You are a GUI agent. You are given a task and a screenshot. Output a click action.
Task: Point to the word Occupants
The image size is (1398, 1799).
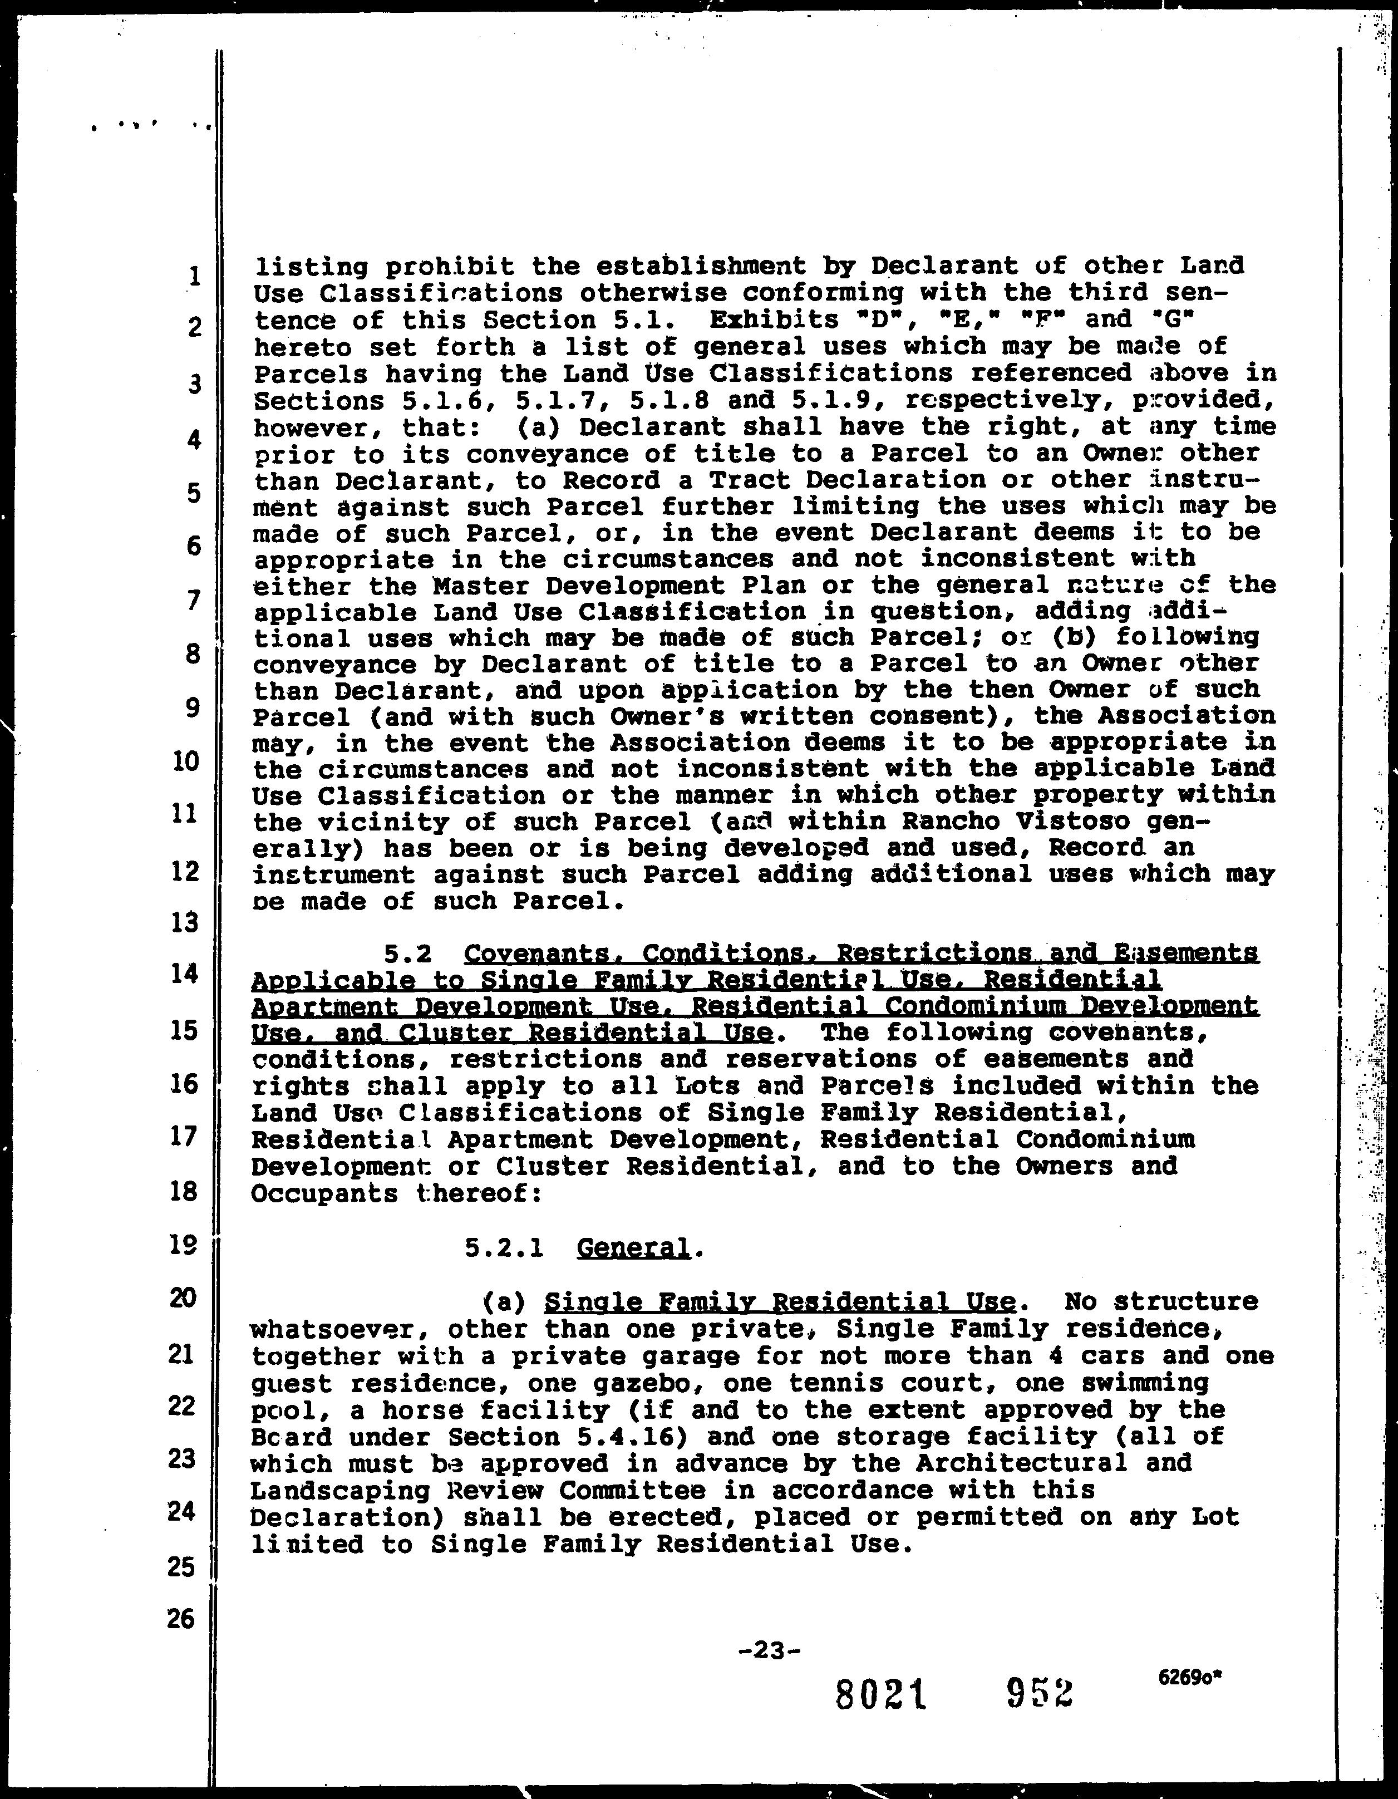324,1195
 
